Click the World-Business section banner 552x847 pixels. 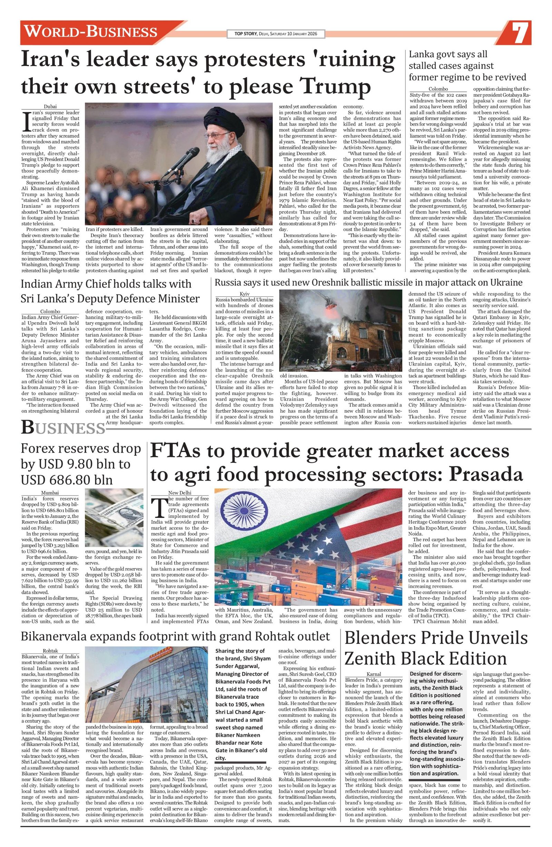91,32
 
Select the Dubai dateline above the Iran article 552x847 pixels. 50,106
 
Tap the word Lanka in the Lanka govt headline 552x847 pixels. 422,55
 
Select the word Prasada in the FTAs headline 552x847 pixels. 485,474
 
